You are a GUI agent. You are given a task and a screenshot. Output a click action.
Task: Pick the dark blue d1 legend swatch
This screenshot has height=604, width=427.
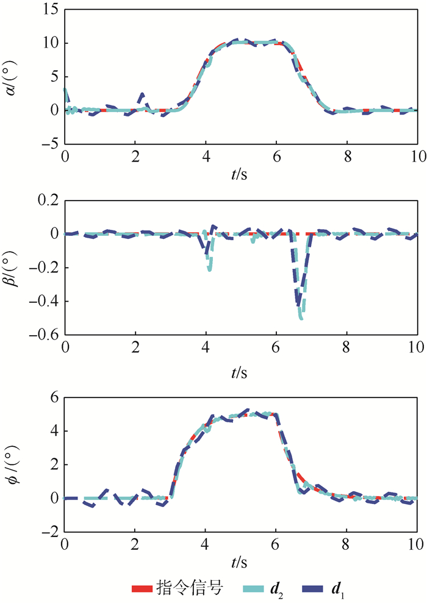click(314, 588)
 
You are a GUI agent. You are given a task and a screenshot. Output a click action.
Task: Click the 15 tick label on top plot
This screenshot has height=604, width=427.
click(49, 10)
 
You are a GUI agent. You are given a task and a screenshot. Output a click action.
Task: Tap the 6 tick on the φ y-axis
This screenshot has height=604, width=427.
click(52, 396)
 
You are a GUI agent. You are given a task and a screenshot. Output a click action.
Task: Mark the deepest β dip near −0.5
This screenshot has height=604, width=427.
click(301, 318)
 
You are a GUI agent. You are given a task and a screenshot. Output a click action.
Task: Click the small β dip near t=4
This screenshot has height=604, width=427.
click(209, 268)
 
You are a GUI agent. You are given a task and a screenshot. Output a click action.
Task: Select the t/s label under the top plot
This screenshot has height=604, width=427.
click(240, 173)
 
